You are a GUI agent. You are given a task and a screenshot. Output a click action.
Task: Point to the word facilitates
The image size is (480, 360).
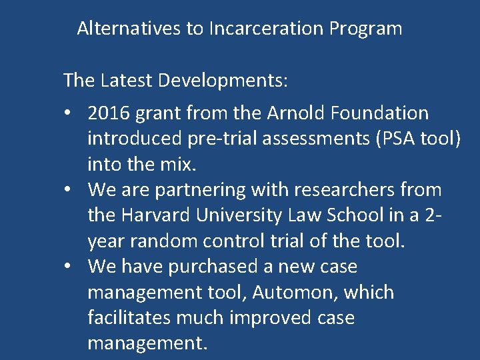(x=129, y=317)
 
